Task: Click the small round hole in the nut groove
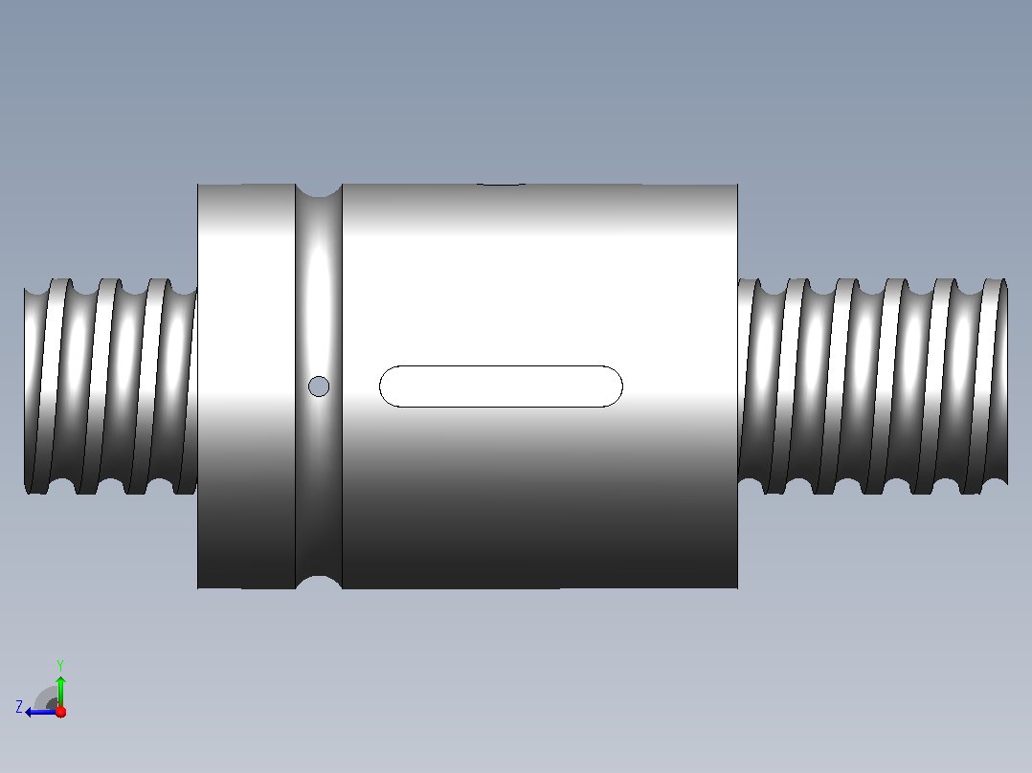319,386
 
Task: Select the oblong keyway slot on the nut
501,386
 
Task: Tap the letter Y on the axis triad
60,665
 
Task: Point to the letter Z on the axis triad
19,707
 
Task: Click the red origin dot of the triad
60,712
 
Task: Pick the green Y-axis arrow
60,692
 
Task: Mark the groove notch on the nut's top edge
319,190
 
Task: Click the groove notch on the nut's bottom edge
319,583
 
